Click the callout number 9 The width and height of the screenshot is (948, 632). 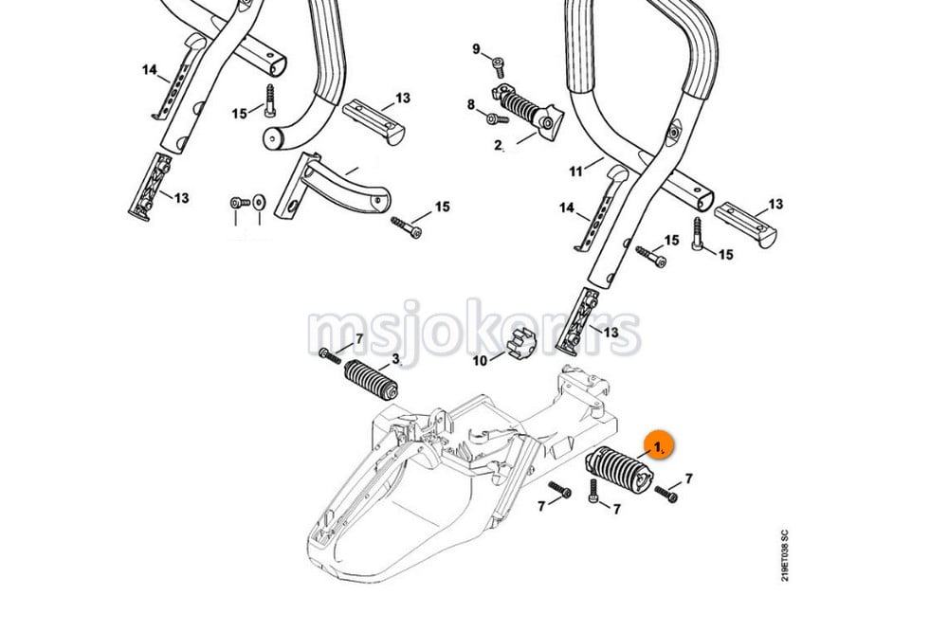[477, 49]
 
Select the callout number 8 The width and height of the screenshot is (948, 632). [470, 105]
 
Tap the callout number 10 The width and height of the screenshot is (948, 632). [480, 361]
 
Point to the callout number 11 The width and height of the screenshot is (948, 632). [574, 172]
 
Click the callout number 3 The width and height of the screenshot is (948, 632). [395, 358]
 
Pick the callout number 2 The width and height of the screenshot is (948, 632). [499, 146]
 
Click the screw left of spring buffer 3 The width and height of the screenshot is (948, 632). [329, 354]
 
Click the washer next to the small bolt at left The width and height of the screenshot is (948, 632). [257, 202]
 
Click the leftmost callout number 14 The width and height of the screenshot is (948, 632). [149, 70]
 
